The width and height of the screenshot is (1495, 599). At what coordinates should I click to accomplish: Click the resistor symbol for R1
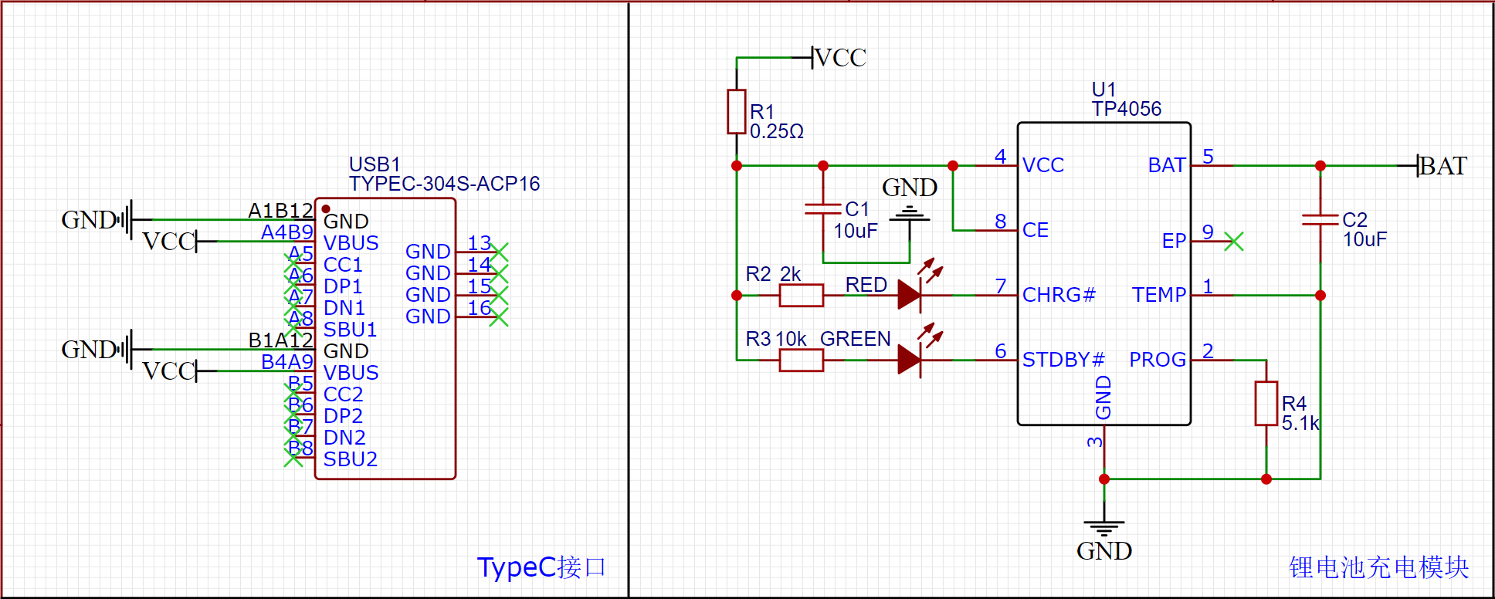pos(736,111)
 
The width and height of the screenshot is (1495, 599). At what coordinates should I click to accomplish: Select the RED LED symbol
pos(910,295)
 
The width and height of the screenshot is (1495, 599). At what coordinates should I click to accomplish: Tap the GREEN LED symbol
pos(910,360)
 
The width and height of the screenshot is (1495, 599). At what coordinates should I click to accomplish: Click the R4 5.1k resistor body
pos(1266,403)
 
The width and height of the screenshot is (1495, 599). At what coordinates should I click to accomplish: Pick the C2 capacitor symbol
pos(1320,219)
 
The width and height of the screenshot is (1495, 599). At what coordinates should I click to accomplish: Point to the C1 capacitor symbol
pos(822,208)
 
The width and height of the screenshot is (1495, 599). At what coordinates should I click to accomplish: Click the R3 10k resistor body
pos(801,360)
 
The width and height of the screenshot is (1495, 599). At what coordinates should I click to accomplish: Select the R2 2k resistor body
pos(801,295)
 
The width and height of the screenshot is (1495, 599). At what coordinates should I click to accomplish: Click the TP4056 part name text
pos(1126,109)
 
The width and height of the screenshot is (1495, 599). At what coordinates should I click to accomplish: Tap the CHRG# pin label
pos(1059,295)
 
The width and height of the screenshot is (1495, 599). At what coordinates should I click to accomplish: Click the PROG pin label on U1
pos(1157,360)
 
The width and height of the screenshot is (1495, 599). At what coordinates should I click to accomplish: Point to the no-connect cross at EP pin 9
pos(1234,242)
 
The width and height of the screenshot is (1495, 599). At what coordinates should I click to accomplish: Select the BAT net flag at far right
pos(1441,166)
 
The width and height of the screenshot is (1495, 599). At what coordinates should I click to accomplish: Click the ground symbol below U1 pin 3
pos(1103,529)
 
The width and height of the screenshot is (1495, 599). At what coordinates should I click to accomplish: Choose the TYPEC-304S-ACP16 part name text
pos(444,184)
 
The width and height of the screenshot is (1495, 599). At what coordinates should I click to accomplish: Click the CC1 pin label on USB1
pos(343,265)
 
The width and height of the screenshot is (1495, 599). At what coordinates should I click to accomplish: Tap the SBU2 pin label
pos(350,459)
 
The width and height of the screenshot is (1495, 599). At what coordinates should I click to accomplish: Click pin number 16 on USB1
pos(479,308)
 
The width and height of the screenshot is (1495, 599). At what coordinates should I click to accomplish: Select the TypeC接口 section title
pos(541,567)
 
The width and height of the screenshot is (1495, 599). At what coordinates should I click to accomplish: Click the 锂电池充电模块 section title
pos(1378,567)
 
